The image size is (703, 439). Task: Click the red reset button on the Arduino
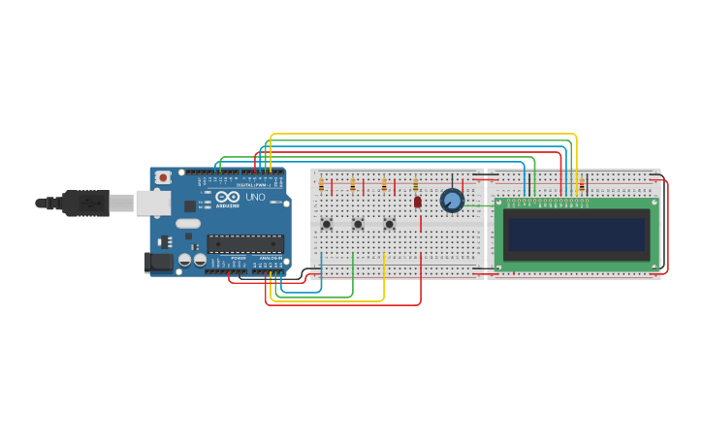[163, 177]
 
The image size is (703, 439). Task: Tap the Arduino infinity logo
[228, 197]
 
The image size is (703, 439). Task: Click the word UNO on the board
[255, 197]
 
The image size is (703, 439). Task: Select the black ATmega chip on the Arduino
[245, 243]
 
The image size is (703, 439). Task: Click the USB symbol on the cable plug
[92, 203]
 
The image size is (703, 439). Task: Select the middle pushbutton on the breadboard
[358, 224]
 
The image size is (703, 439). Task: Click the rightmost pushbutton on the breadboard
[389, 224]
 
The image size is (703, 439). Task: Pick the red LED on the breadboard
[418, 202]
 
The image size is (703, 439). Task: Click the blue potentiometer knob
[452, 200]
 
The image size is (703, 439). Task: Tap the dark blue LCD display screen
[576, 235]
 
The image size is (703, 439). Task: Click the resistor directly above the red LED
[415, 184]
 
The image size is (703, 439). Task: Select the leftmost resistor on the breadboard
[321, 184]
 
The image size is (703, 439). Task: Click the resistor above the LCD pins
[581, 184]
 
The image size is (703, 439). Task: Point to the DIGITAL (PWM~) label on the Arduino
[254, 184]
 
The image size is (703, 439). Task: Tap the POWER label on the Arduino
[238, 258]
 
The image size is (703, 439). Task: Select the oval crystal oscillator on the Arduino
[188, 223]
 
